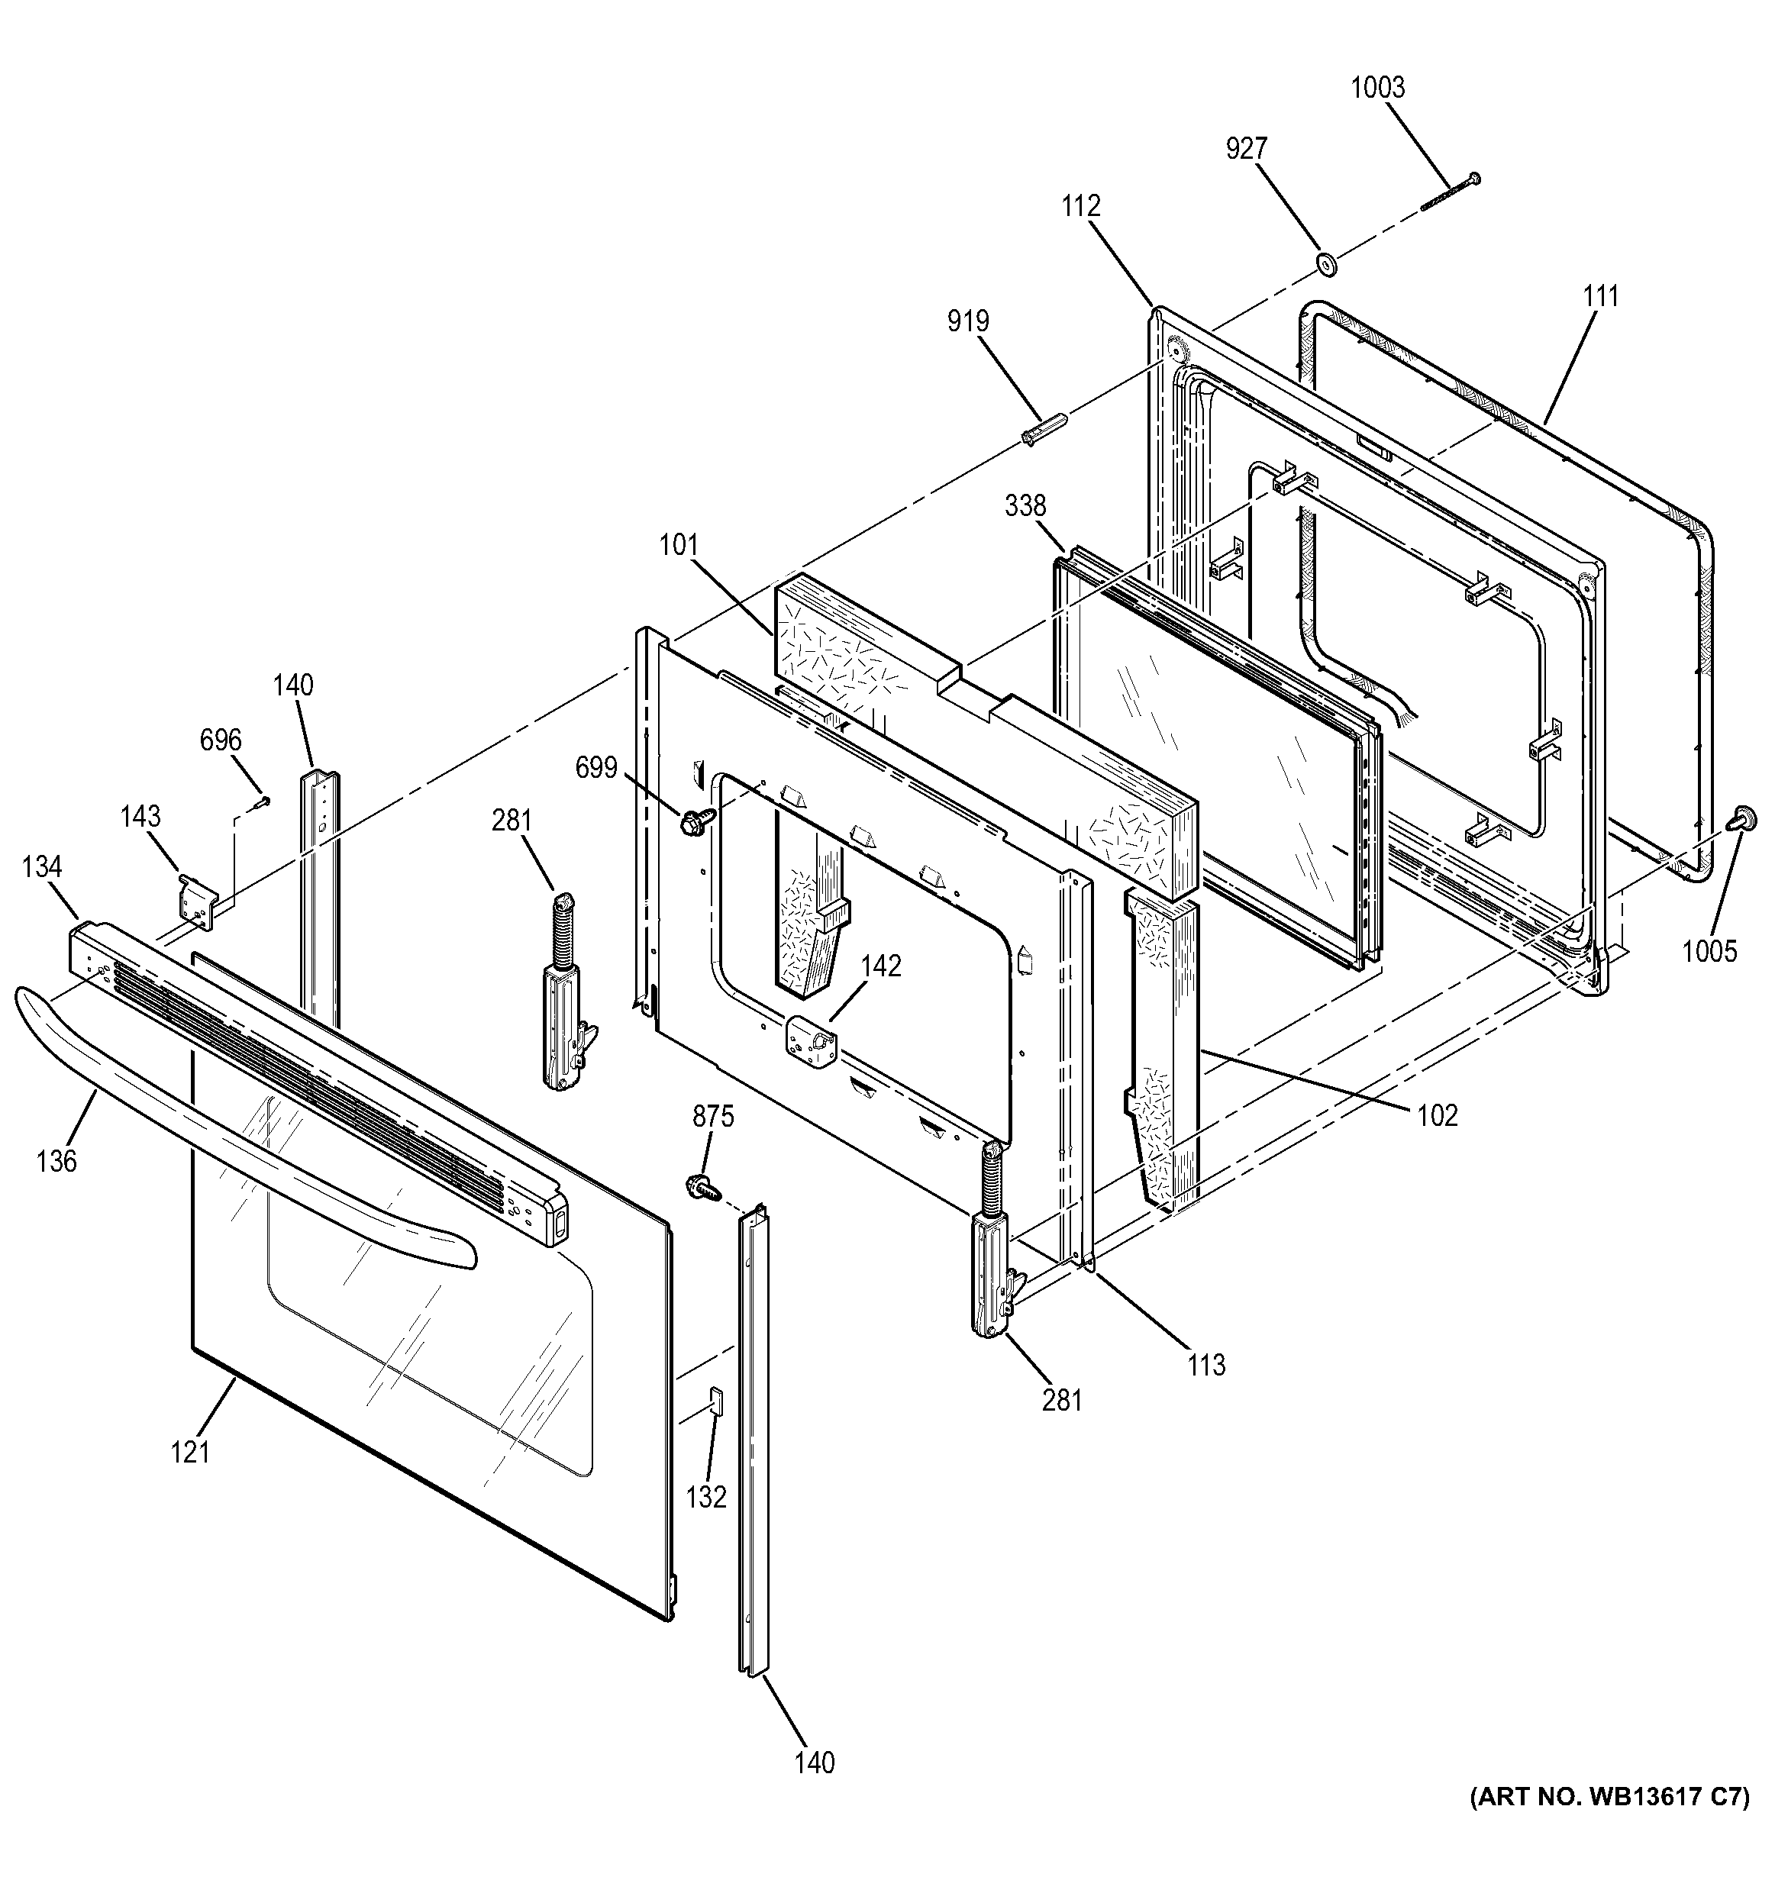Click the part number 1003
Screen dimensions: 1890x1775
(x=1376, y=88)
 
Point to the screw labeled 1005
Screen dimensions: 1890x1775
(x=1744, y=818)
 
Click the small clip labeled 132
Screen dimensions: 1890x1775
(x=717, y=1401)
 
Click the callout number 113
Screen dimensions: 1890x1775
(x=1205, y=1365)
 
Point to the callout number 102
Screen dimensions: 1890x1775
(x=1437, y=1114)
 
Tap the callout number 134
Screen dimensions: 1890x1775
(x=42, y=867)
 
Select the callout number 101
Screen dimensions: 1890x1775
(x=679, y=545)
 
